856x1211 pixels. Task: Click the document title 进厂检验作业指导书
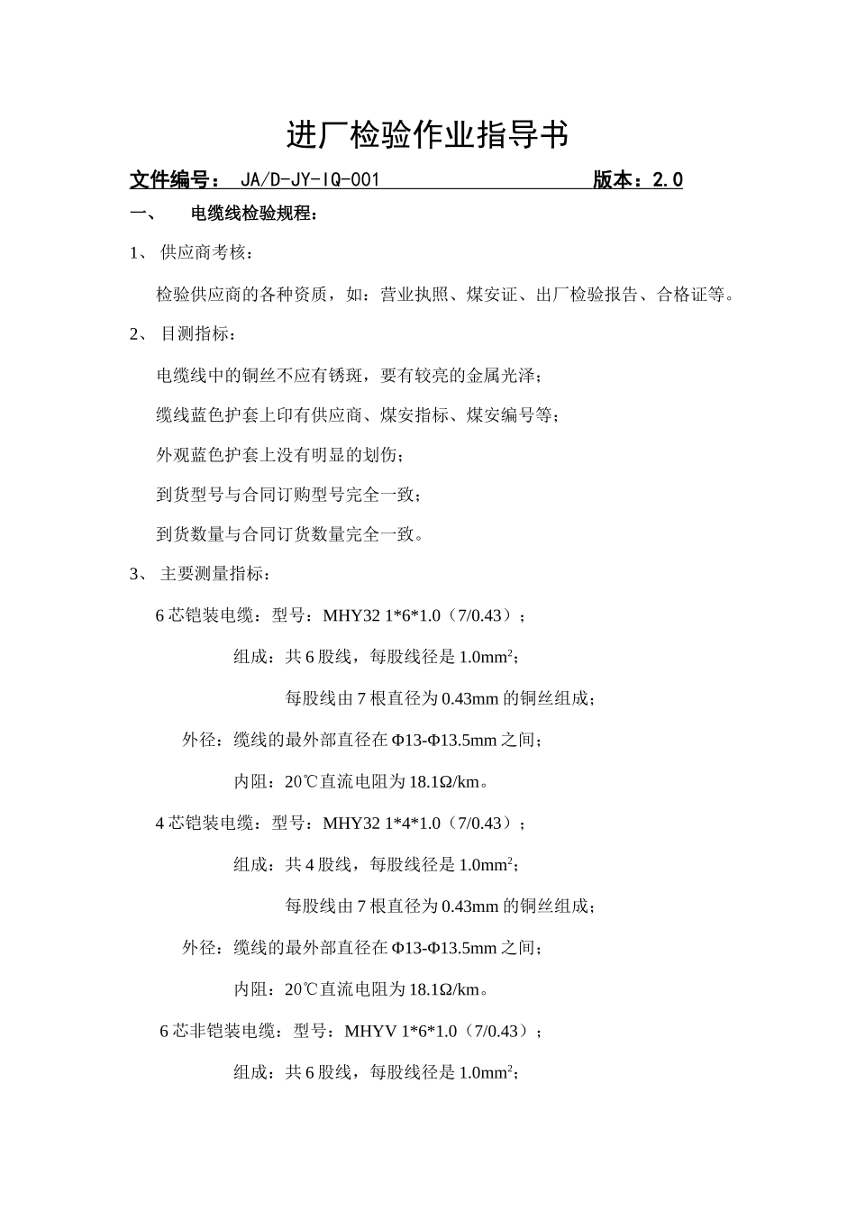[x=427, y=135]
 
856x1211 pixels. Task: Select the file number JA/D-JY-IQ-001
[x=311, y=180]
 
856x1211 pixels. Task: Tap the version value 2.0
[x=667, y=180]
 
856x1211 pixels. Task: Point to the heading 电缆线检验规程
[x=254, y=214]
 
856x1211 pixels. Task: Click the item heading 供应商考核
[x=202, y=253]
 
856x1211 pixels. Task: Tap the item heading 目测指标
[x=198, y=334]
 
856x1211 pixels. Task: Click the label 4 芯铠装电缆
[x=206, y=824]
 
